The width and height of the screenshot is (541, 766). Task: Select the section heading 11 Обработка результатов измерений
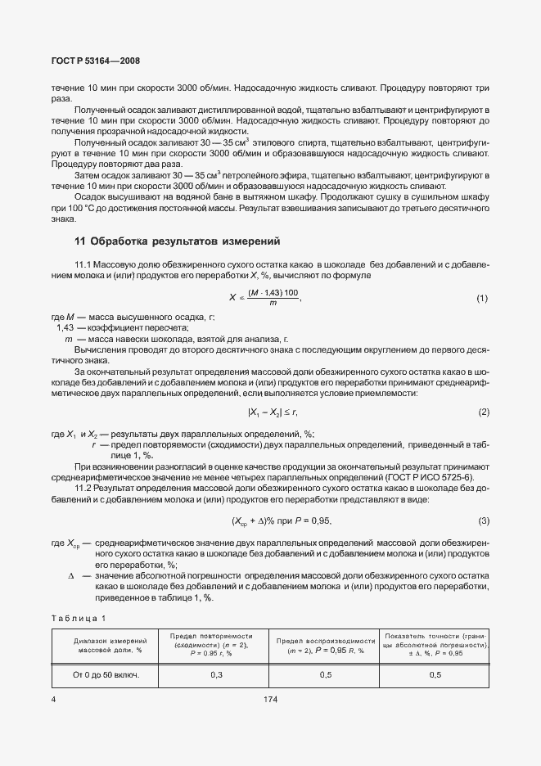click(177, 241)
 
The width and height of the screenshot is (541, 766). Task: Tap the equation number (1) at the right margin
click(482, 299)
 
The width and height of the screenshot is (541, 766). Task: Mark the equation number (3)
click(483, 520)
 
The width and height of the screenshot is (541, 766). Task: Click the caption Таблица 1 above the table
click(79, 617)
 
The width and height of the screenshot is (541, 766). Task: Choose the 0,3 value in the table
click(216, 675)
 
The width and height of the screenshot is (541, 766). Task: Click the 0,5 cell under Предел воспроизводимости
click(326, 675)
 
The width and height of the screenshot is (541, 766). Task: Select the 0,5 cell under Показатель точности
click(435, 675)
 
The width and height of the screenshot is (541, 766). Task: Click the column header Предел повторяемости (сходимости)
click(216, 644)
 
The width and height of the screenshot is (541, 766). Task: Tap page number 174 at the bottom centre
click(271, 701)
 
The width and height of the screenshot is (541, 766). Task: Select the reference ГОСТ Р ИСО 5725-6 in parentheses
click(433, 478)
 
